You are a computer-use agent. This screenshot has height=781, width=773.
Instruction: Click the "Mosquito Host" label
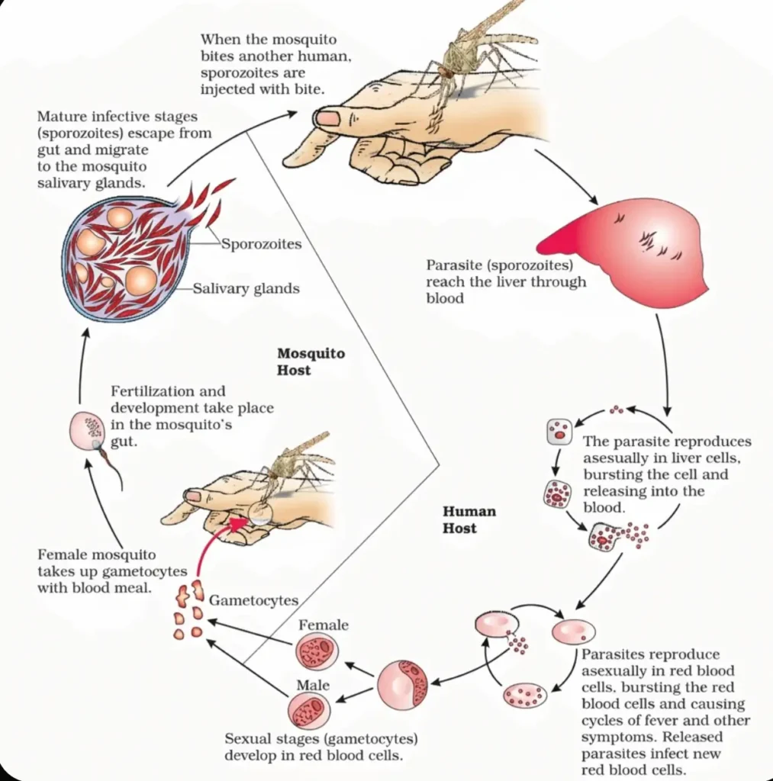311,362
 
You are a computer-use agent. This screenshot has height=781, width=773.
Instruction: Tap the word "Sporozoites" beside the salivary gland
261,245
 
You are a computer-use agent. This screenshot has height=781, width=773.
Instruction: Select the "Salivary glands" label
246,289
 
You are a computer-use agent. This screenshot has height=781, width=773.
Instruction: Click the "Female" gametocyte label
323,625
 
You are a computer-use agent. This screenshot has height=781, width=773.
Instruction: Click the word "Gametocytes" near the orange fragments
253,600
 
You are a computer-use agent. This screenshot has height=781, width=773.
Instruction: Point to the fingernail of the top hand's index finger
328,118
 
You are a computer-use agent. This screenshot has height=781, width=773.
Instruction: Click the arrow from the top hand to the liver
565,176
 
